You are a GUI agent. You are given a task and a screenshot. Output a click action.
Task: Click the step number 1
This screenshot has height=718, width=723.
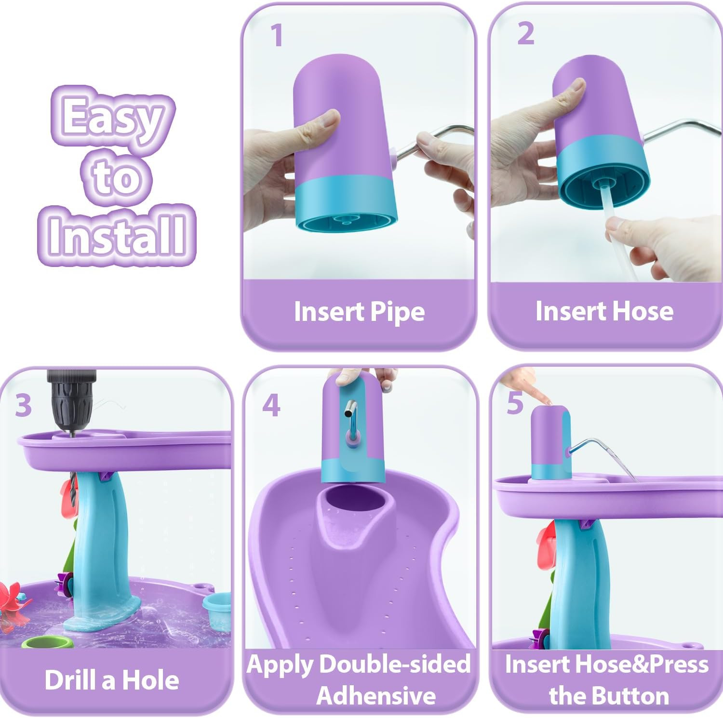click(276, 35)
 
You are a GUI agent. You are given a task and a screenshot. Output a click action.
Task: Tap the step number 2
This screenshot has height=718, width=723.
click(526, 34)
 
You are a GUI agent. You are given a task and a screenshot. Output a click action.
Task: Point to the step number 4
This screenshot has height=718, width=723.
click(271, 405)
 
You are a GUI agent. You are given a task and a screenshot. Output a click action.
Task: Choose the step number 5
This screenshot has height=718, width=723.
click(515, 403)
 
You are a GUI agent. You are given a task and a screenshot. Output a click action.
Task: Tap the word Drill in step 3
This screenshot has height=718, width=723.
click(73, 679)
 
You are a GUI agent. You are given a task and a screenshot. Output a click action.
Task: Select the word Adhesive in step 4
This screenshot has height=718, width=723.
click(376, 695)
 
